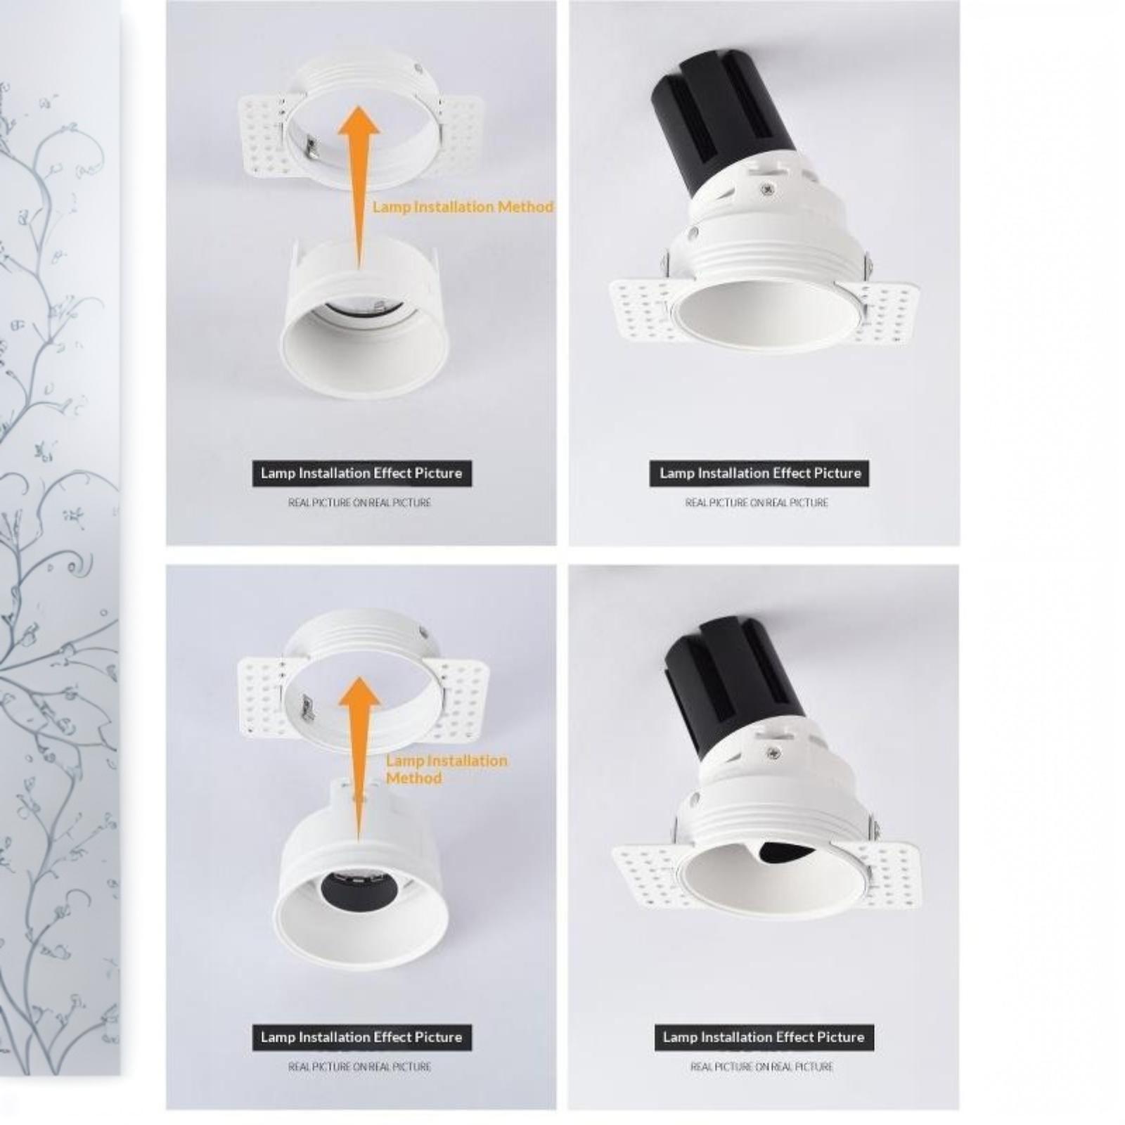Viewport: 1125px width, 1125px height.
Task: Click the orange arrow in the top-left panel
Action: (x=359, y=186)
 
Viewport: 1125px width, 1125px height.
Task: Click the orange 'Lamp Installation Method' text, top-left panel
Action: (x=463, y=207)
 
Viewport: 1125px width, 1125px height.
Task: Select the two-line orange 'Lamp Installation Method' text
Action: (x=446, y=769)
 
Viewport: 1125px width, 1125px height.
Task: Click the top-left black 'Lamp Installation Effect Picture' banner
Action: (x=362, y=473)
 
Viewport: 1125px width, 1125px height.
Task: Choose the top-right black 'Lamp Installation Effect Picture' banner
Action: (x=759, y=473)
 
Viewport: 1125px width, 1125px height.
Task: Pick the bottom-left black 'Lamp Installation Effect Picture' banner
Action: (x=362, y=1037)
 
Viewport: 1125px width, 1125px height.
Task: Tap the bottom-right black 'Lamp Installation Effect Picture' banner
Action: (x=764, y=1037)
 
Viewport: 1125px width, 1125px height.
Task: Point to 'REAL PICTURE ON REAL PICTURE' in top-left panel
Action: (x=359, y=503)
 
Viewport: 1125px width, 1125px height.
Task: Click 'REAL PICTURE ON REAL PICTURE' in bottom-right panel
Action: (x=761, y=1067)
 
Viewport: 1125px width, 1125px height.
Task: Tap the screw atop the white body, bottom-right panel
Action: (x=774, y=754)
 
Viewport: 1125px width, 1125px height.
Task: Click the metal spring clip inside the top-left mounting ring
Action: (x=311, y=146)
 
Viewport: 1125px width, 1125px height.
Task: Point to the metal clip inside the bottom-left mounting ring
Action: (x=307, y=707)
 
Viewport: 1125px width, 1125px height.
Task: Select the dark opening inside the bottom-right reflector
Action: (x=784, y=852)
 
